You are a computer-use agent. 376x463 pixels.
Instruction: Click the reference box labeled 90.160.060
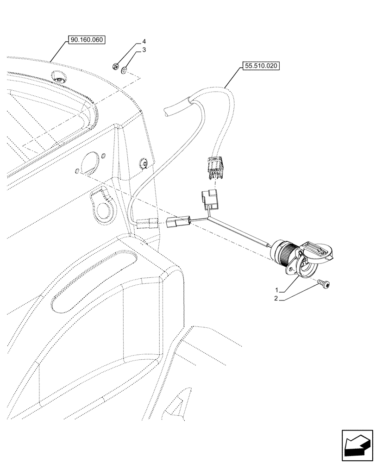coord(87,40)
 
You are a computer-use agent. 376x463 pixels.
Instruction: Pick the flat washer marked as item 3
coord(124,70)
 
